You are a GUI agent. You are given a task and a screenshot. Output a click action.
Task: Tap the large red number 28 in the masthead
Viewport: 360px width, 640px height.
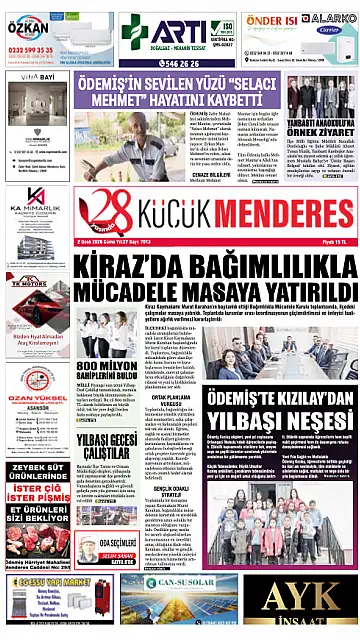point(104,213)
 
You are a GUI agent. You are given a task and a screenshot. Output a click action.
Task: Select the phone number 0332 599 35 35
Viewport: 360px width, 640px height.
point(35,49)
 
